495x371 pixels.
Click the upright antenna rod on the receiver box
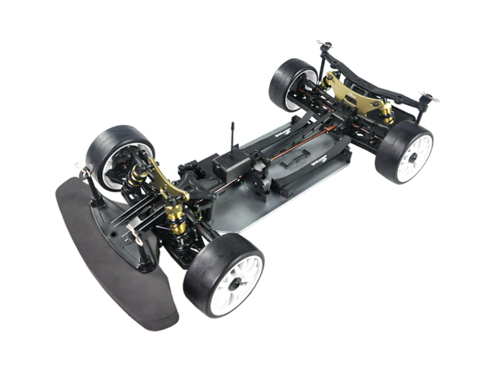233,139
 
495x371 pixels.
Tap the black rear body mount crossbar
371,71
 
